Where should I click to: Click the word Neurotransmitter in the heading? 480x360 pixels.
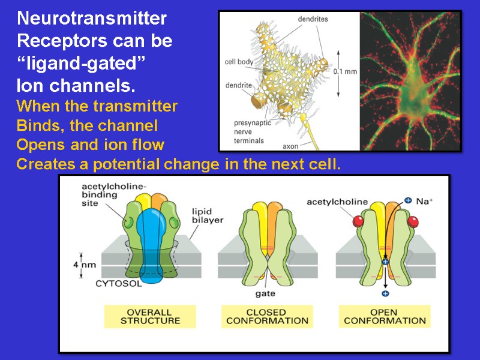pyautogui.click(x=92, y=19)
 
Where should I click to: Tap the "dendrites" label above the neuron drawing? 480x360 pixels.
pyautogui.click(x=313, y=19)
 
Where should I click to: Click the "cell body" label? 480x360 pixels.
pyautogui.click(x=239, y=61)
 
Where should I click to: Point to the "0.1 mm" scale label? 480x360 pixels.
pyautogui.click(x=344, y=71)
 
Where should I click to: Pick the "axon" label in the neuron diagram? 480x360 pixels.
pyautogui.click(x=291, y=146)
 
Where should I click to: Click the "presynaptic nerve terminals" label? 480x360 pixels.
pyautogui.click(x=252, y=132)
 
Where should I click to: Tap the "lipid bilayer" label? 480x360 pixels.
pyautogui.click(x=208, y=215)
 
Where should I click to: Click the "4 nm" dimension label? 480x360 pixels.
pyautogui.click(x=88, y=264)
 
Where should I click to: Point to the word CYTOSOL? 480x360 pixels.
pyautogui.click(x=119, y=284)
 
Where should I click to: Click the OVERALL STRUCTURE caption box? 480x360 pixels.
pyautogui.click(x=150, y=316)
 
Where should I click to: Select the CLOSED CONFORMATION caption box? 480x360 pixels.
pyautogui.click(x=267, y=316)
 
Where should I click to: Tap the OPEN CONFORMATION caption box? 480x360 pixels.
pyautogui.click(x=385, y=316)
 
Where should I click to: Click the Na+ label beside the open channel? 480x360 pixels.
pyautogui.click(x=425, y=202)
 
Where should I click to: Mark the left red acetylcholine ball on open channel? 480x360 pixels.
pyautogui.click(x=359, y=221)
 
